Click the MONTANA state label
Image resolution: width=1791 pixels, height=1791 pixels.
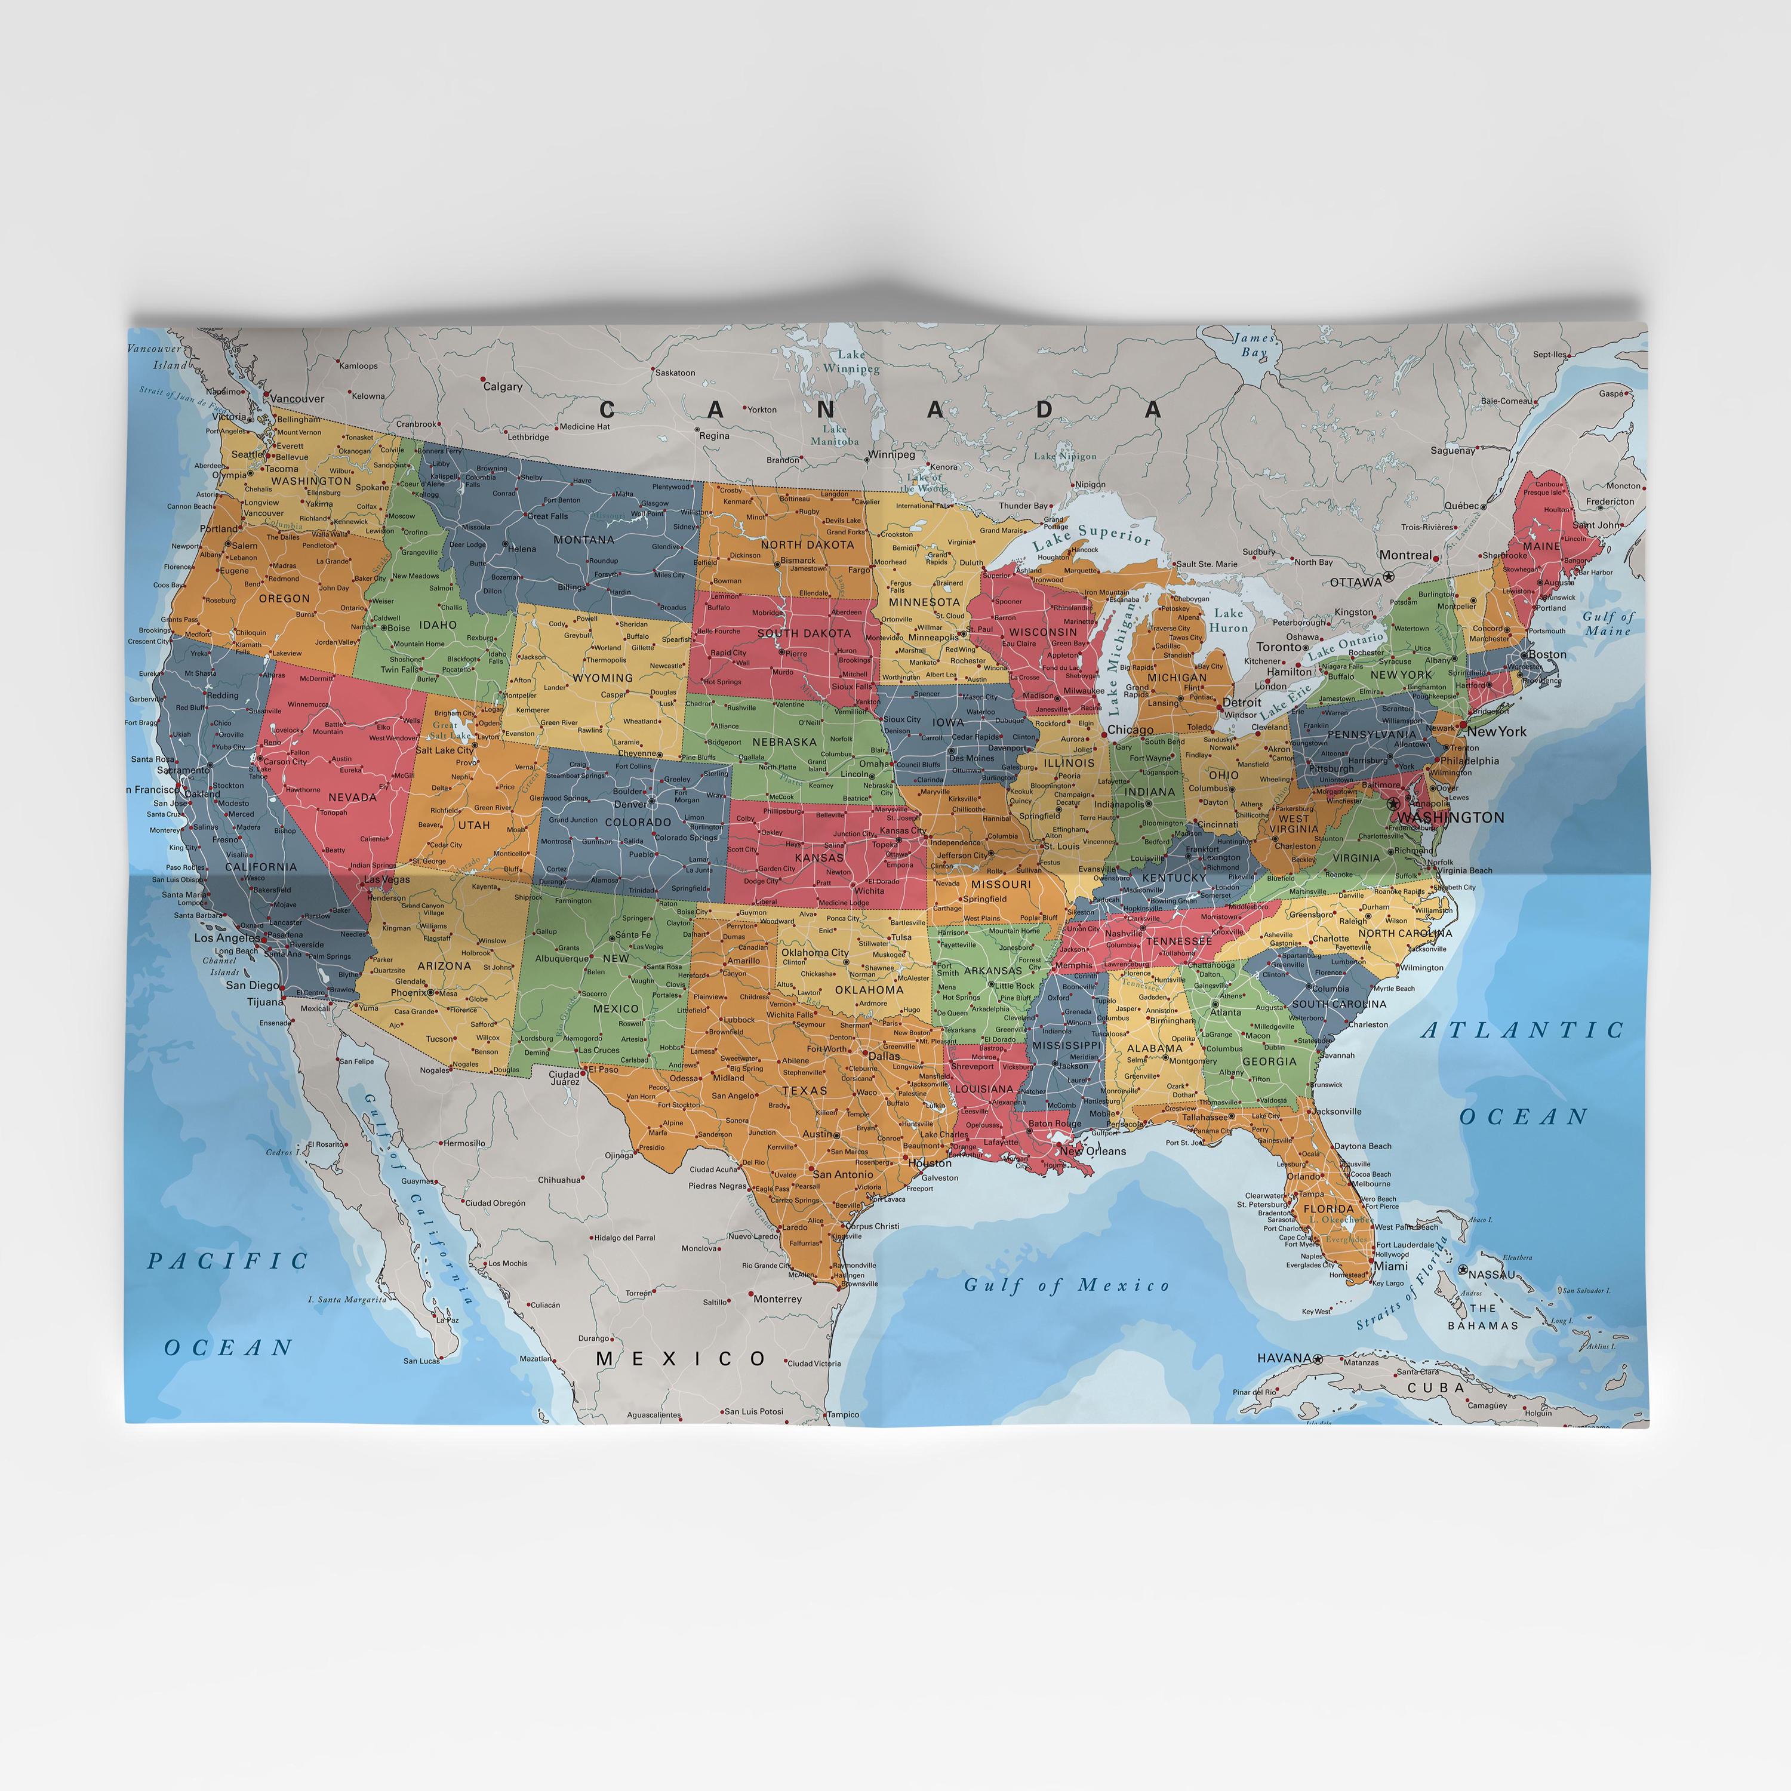click(x=583, y=540)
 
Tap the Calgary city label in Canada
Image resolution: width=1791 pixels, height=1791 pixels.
click(x=503, y=387)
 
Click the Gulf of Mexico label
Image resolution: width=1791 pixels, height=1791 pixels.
click(x=1066, y=1285)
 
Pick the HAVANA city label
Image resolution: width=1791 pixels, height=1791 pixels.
click(x=1284, y=1358)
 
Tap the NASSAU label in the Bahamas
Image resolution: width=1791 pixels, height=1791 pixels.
click(x=1491, y=1275)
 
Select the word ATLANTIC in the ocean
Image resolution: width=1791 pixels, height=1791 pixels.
click(x=1523, y=1030)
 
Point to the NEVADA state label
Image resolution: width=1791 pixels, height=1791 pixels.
click(x=352, y=797)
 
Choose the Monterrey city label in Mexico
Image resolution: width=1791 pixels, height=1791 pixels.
click(x=777, y=1298)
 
